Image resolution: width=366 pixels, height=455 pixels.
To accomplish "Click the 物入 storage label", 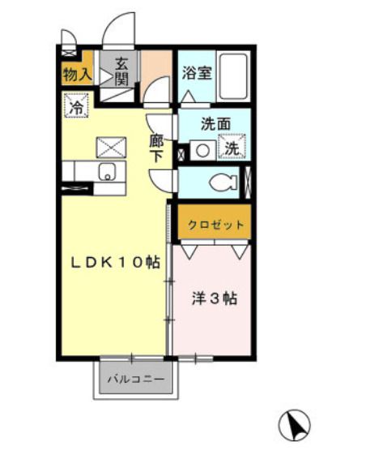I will (x=77, y=74).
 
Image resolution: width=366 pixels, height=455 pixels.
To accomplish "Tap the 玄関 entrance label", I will (x=121, y=71).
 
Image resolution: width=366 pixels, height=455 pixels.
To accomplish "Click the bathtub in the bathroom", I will (x=236, y=77).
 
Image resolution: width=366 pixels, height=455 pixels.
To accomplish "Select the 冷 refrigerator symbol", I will (x=76, y=105).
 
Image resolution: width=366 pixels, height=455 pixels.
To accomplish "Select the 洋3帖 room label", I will (x=214, y=298).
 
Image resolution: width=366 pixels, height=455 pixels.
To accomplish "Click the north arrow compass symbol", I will (x=296, y=425).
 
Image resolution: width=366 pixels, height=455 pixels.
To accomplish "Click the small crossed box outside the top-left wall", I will (x=67, y=37).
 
